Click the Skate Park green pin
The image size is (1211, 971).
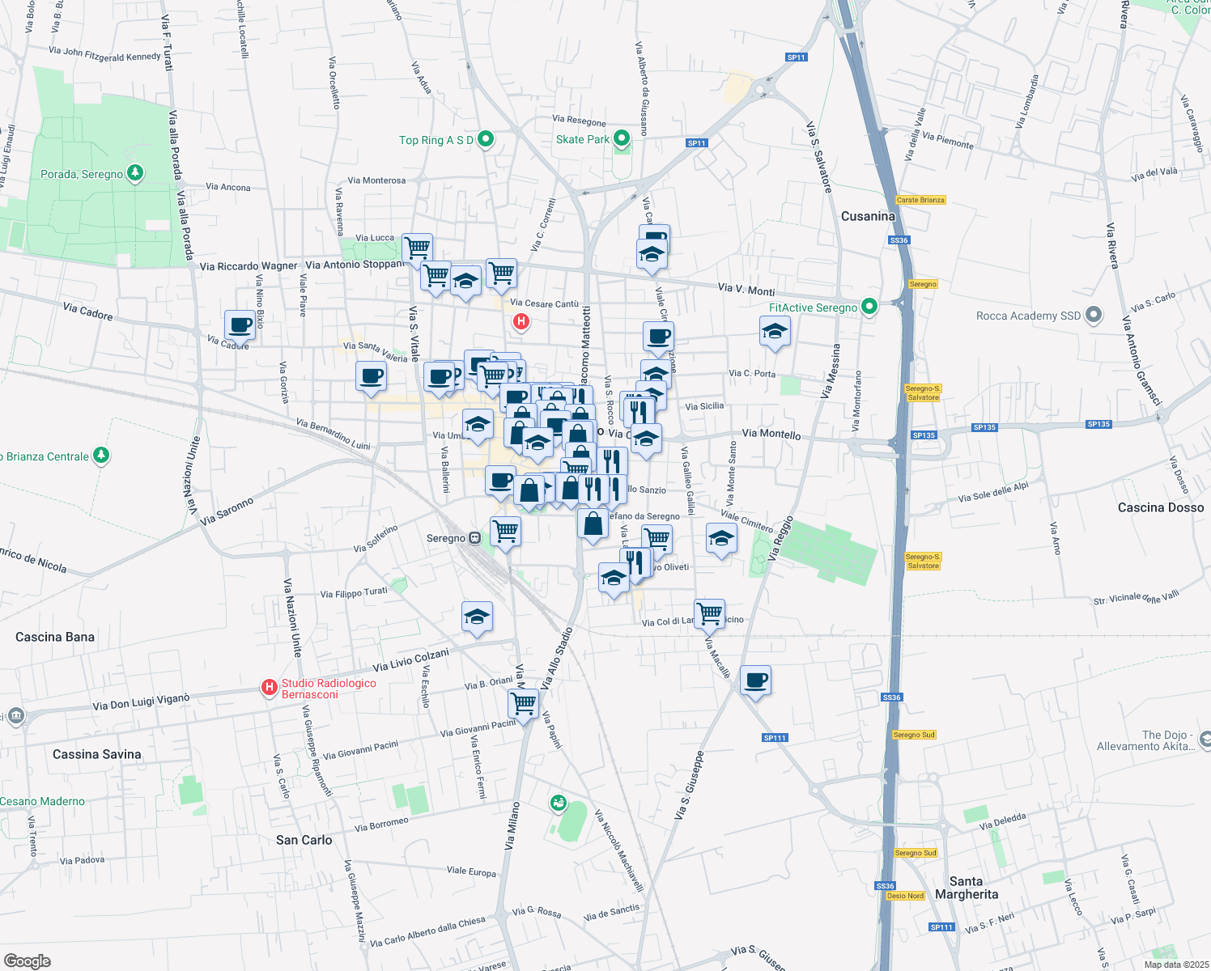pos(622,138)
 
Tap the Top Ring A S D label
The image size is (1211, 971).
pos(436,140)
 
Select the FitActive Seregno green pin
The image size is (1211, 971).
pos(869,307)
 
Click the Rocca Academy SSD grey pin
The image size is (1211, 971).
pos(1094,315)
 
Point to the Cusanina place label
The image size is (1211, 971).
pos(868,216)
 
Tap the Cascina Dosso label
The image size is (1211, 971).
pos(1160,507)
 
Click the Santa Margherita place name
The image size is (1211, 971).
pos(967,888)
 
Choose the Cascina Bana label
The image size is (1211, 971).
pos(55,637)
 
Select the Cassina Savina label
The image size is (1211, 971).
pos(96,754)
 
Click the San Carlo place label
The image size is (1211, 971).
pos(304,840)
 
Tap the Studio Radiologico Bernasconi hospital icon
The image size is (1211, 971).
pos(270,687)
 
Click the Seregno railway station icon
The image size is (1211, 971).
pos(475,538)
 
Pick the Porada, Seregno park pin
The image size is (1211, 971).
pos(136,172)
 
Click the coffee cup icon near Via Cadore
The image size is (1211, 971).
pos(240,325)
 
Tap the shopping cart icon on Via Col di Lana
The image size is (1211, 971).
pos(709,613)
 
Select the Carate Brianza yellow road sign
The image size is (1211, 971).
pos(920,200)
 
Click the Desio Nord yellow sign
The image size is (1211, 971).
pos(905,896)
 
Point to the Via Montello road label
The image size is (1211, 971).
pos(771,434)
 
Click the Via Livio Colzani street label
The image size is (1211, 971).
pos(410,661)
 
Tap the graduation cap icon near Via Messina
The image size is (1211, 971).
pos(775,331)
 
